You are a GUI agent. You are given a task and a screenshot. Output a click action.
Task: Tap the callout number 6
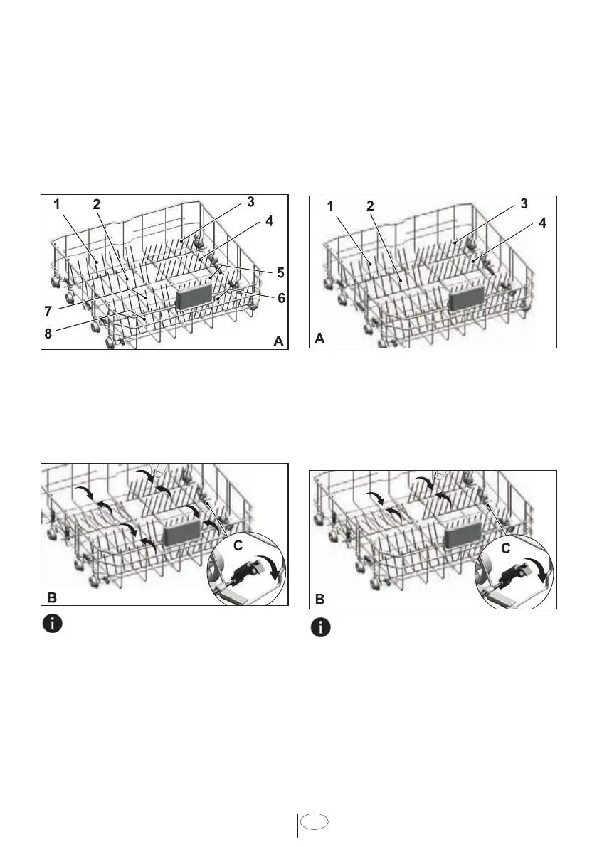(x=281, y=299)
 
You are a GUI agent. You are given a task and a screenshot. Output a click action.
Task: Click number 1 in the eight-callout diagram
(x=56, y=204)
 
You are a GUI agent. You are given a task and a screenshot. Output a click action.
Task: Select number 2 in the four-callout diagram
(x=370, y=206)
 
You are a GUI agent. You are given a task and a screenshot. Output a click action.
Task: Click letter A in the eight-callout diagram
(x=280, y=342)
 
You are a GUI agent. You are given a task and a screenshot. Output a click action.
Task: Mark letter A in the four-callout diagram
(x=320, y=340)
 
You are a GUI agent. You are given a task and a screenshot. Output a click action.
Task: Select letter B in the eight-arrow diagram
(x=51, y=597)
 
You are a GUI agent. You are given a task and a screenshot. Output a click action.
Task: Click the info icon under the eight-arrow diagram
(x=51, y=625)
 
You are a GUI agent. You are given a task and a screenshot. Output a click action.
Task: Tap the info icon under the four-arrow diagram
(x=324, y=628)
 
